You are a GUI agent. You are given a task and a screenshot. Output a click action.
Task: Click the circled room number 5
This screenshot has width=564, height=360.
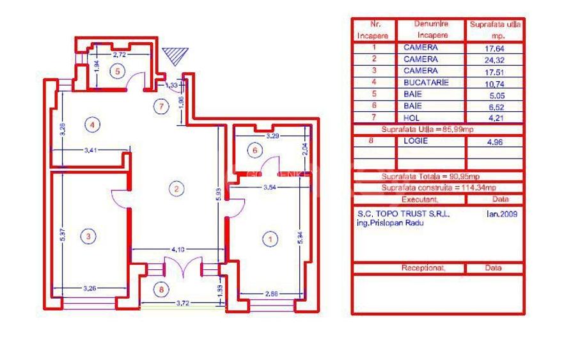pyautogui.click(x=117, y=71)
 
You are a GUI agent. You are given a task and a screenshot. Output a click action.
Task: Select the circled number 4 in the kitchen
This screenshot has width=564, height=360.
pyautogui.click(x=93, y=125)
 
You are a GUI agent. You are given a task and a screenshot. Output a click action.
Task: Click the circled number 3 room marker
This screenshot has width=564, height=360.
pyautogui.click(x=89, y=237)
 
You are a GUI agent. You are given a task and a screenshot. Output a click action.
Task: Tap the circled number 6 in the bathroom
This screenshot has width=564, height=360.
pyautogui.click(x=255, y=150)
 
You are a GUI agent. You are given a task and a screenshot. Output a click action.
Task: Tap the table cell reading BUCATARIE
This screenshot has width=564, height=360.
pyautogui.click(x=426, y=82)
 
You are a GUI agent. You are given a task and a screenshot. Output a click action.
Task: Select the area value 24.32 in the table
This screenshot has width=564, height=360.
pyautogui.click(x=496, y=59)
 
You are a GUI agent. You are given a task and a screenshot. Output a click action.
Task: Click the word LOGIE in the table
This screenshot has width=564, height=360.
pyautogui.click(x=416, y=142)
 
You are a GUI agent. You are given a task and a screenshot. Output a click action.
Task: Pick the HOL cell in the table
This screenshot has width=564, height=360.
pyautogui.click(x=411, y=118)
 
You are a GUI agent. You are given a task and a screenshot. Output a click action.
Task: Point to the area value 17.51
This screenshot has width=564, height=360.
pyautogui.click(x=496, y=71)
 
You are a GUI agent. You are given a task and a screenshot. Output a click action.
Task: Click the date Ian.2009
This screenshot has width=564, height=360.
pyautogui.click(x=501, y=214)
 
